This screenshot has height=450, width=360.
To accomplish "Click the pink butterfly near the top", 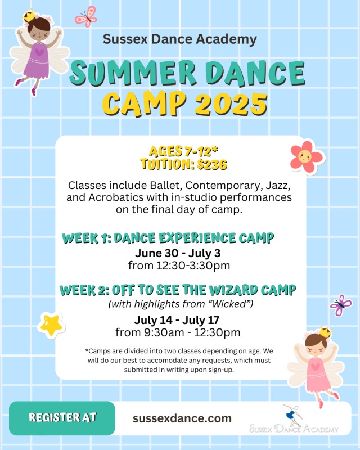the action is pos(86,17).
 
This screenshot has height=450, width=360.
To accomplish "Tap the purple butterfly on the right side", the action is pos(341,305).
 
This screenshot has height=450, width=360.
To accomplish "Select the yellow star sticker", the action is pos(51,325).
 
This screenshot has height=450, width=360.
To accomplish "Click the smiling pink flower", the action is pos(307,157).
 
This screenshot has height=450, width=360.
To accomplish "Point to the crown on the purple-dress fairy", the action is pos(29,15).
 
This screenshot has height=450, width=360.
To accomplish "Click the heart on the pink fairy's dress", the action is pos(316,367).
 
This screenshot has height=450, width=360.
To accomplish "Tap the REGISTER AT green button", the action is pos(62,418).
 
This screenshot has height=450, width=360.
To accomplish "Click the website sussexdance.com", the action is pos(182,418).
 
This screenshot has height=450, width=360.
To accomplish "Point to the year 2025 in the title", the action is pos(231,103).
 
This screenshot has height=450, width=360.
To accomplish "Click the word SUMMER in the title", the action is pos(133,73).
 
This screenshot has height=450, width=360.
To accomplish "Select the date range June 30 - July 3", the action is pos(178,253).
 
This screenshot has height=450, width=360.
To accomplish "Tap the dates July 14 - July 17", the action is pos(177,320).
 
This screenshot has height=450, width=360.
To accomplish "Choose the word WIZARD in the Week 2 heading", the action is pos(233,290).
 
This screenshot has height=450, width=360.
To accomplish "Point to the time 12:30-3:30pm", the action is pos(193,265).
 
